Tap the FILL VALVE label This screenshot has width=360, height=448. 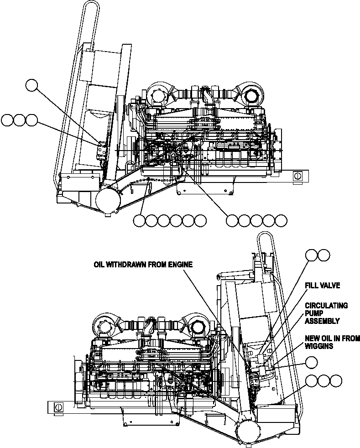322,286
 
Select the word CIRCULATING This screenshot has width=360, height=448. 326,306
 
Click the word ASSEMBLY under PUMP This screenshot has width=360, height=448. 322,321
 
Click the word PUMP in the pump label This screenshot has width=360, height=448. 314,313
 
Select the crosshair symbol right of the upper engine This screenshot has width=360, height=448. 298,175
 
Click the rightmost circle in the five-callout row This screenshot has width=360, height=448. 282,221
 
